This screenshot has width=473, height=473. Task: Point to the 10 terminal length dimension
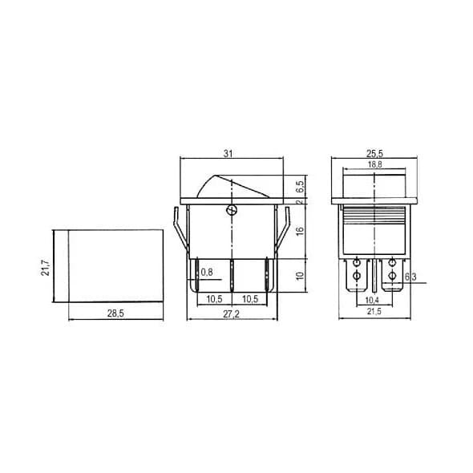(x=299, y=277)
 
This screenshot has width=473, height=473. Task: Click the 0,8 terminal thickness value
(x=207, y=273)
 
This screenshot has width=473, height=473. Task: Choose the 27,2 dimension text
(x=232, y=313)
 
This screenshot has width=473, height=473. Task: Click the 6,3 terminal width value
(x=410, y=278)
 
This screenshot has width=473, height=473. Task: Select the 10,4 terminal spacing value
(x=372, y=299)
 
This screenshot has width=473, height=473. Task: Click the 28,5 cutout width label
(x=115, y=313)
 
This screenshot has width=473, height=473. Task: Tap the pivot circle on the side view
(x=232, y=210)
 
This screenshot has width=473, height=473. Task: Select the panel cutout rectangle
(x=115, y=266)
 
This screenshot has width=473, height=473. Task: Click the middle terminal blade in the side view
(x=232, y=277)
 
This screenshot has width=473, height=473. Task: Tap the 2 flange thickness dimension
(x=299, y=202)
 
